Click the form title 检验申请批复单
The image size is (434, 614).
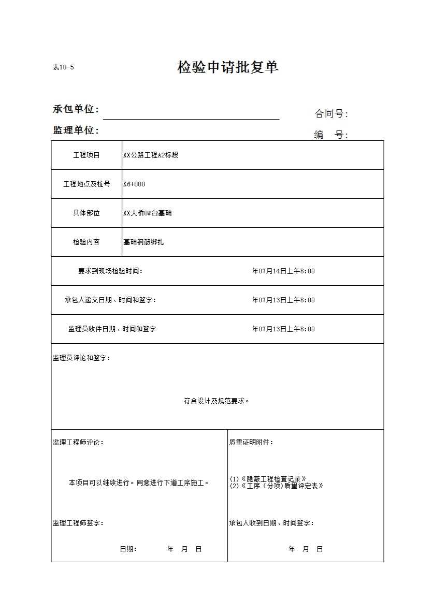tap(228, 67)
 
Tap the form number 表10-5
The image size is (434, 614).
tap(63, 67)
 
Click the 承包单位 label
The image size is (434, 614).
tap(76, 109)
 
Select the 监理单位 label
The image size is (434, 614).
tap(76, 130)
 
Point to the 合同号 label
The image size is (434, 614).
tap(331, 114)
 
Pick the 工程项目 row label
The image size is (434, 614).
tap(86, 155)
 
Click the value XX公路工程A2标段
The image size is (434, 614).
tap(151, 155)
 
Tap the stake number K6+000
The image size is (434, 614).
tap(134, 184)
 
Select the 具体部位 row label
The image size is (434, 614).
tap(86, 213)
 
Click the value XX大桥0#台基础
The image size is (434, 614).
tap(148, 213)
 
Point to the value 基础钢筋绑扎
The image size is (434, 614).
tap(143, 242)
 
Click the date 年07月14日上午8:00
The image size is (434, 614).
tap(283, 271)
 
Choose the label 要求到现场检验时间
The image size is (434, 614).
tap(110, 271)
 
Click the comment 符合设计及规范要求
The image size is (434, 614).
tap(216, 401)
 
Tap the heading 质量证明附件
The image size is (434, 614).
tap(251, 442)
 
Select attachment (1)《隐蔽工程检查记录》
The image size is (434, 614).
tap(268, 479)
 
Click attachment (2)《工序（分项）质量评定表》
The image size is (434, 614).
tap(277, 486)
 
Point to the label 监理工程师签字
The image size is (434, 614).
tap(78, 523)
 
